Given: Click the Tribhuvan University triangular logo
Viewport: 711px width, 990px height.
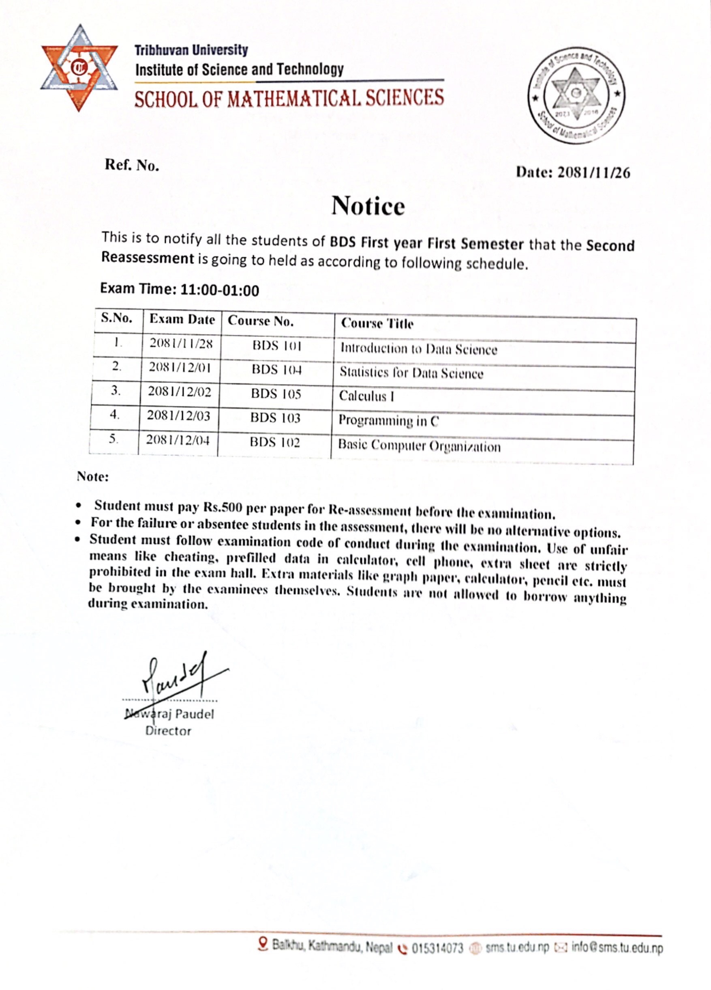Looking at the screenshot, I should pyautogui.click(x=79, y=68).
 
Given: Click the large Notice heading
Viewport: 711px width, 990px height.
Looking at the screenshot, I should pyautogui.click(x=368, y=206).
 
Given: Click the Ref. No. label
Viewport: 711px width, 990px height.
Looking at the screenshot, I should pyautogui.click(x=132, y=165).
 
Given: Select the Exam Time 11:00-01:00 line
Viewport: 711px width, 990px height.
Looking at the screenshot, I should pyautogui.click(x=179, y=290).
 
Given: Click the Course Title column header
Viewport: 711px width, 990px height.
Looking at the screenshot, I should pyautogui.click(x=377, y=323).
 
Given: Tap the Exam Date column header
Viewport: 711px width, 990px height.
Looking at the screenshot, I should pyautogui.click(x=182, y=320).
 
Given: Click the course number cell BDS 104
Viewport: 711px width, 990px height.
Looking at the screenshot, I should pyautogui.click(x=276, y=370).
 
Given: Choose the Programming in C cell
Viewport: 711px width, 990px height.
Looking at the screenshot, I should pyautogui.click(x=389, y=421).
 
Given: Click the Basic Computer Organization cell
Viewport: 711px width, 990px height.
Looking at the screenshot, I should pyautogui.click(x=419, y=445).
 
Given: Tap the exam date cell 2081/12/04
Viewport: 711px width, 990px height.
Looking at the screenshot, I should pyautogui.click(x=178, y=440).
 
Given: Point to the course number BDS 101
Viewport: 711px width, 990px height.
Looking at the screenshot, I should pyautogui.click(x=277, y=346).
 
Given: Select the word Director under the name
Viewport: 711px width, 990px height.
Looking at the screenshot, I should pyautogui.click(x=168, y=731).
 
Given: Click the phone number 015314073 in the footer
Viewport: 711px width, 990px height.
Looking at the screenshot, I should pyautogui.click(x=437, y=949).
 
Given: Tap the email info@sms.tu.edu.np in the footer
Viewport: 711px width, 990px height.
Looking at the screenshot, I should pyautogui.click(x=617, y=949).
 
